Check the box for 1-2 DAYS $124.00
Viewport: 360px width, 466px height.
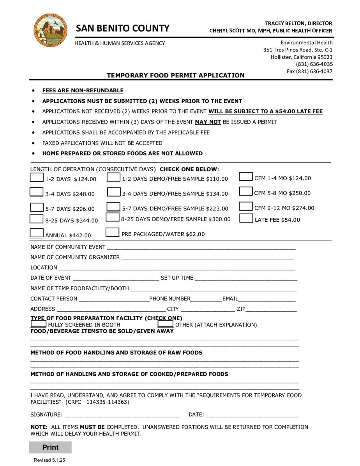tap(37, 178)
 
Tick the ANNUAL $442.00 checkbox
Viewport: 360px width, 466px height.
tap(37, 233)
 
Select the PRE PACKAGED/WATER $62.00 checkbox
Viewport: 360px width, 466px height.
tap(112, 233)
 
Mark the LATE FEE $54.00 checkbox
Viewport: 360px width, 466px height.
tap(246, 218)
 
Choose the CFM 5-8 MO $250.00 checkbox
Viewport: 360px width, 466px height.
tap(246, 192)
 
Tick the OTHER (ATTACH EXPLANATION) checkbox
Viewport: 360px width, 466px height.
tap(165, 324)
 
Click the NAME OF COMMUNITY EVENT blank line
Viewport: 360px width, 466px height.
tap(201, 247)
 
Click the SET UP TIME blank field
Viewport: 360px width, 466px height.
tap(245, 278)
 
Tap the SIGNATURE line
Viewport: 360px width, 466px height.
tap(122, 415)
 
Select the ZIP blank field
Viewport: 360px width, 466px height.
tap(271, 309)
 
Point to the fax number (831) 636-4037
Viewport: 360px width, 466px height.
tap(310, 71)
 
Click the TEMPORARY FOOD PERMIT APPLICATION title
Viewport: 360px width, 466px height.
tap(176, 76)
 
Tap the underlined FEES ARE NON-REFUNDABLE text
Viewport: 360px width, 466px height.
tap(83, 91)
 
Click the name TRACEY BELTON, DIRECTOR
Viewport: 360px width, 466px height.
tap(298, 23)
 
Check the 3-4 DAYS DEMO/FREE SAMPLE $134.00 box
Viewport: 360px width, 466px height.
tap(113, 192)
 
